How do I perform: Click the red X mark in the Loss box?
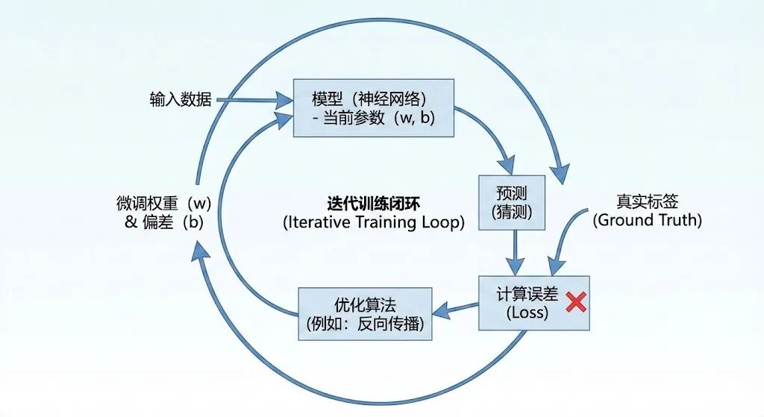tap(575, 302)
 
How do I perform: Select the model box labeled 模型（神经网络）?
tap(373, 108)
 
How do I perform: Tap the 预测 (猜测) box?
tap(513, 202)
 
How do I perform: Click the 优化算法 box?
tap(365, 313)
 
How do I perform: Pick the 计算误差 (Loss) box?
tap(533, 302)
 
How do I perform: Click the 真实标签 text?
tap(647, 202)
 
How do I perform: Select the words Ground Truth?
tap(647, 221)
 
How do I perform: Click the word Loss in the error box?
tap(527, 313)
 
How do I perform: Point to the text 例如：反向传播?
tap(365, 324)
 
